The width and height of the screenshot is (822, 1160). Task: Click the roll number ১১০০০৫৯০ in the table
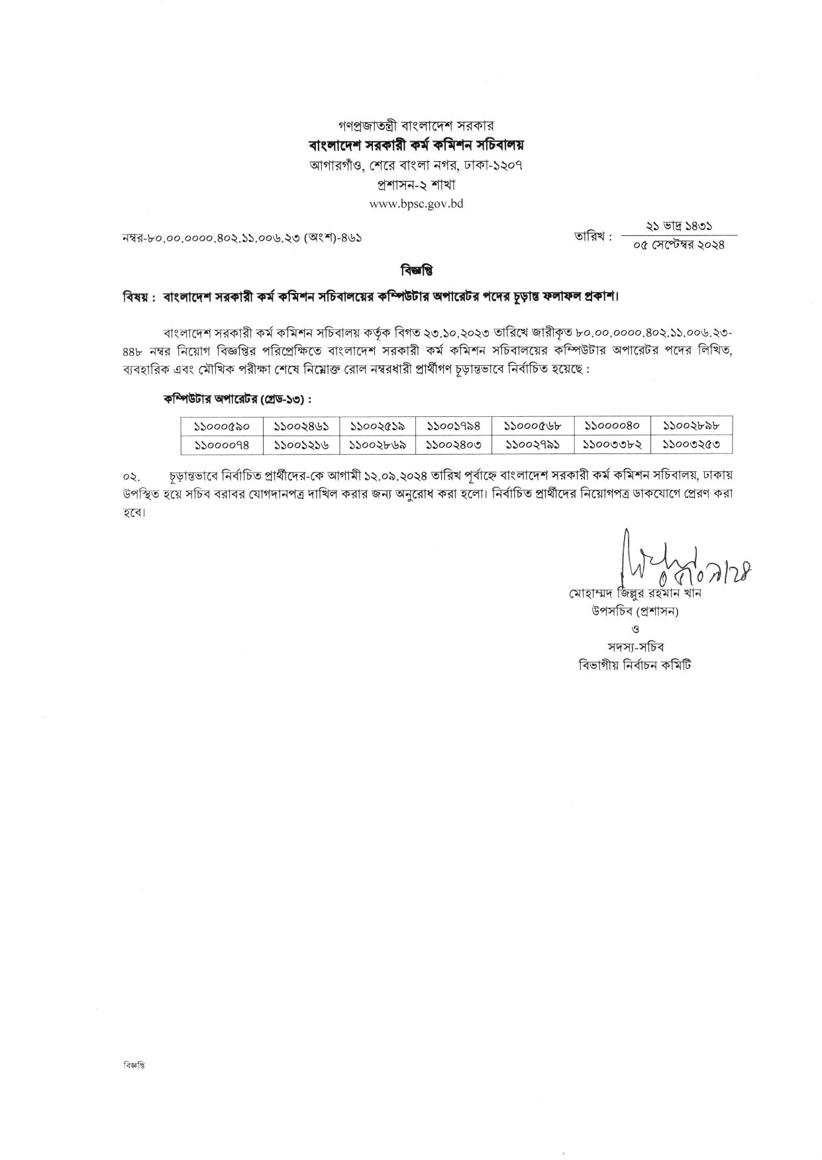click(222, 426)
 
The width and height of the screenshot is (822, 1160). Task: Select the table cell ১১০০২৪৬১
click(301, 426)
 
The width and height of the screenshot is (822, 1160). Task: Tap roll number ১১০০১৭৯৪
click(454, 426)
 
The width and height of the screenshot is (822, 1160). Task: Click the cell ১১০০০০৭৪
click(222, 444)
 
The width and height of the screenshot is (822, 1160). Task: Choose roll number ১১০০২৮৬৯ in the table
click(378, 444)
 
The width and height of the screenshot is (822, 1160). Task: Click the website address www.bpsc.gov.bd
click(416, 204)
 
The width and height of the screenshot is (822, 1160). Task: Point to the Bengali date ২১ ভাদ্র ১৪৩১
click(679, 226)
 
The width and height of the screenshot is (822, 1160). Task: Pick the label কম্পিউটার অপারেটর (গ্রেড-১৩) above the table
click(238, 400)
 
